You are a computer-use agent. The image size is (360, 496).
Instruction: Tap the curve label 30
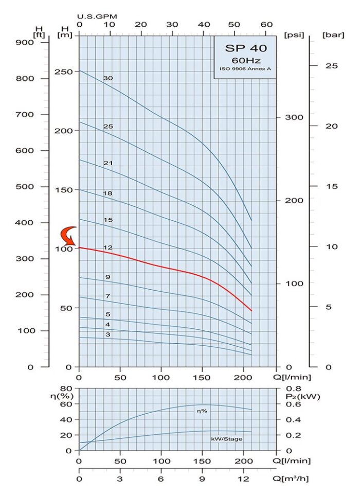(107, 78)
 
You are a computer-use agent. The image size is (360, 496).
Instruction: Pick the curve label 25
(108, 126)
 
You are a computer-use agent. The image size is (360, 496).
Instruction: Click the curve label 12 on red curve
(108, 247)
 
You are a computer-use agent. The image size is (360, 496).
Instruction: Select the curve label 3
(108, 334)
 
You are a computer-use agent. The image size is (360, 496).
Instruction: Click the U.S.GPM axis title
(97, 16)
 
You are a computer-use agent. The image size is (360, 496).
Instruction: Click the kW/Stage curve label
(226, 439)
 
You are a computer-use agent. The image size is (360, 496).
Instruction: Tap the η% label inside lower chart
(201, 411)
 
